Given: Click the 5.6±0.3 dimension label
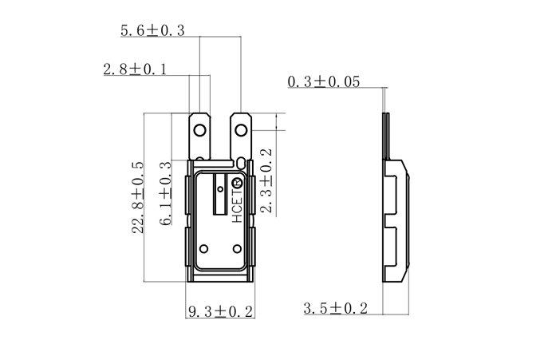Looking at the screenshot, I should pos(152,30).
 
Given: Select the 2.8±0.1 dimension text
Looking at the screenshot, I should pos(135,69).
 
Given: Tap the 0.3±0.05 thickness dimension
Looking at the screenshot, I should pos(323,81).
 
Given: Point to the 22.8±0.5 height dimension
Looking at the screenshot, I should pos(137,197).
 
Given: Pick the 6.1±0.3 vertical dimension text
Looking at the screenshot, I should pos(166,195).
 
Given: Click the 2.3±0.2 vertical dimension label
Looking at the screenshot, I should pos(266,180).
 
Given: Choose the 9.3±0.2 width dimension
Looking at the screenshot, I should pos(220,311).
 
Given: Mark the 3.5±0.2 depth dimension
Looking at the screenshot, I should pos(335,308).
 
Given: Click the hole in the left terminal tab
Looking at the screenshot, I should pos(199,127).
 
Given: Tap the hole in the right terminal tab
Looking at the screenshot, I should pos(242,127).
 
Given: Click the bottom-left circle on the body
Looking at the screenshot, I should pos(203,247).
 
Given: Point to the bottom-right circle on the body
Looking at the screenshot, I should pos(238,247).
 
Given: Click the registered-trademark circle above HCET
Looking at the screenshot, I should pos(237,185).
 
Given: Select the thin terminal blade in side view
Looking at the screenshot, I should pos(385,136).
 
